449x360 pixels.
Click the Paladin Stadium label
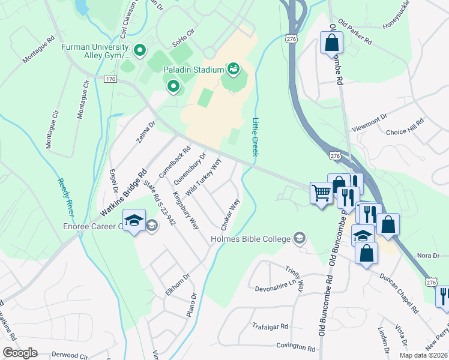pyautogui.click(x=193, y=70)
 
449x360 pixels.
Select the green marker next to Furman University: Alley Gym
pyautogui.click(x=139, y=50)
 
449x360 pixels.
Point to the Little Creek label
pyautogui.click(x=256, y=137)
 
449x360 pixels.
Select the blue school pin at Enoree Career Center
pyautogui.click(x=133, y=221)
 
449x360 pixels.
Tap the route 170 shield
pyautogui.click(x=110, y=79)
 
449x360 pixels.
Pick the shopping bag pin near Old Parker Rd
pyautogui.click(x=331, y=43)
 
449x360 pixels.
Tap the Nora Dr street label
pyautogui.click(x=428, y=255)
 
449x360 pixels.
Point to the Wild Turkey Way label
pyautogui.click(x=203, y=178)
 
